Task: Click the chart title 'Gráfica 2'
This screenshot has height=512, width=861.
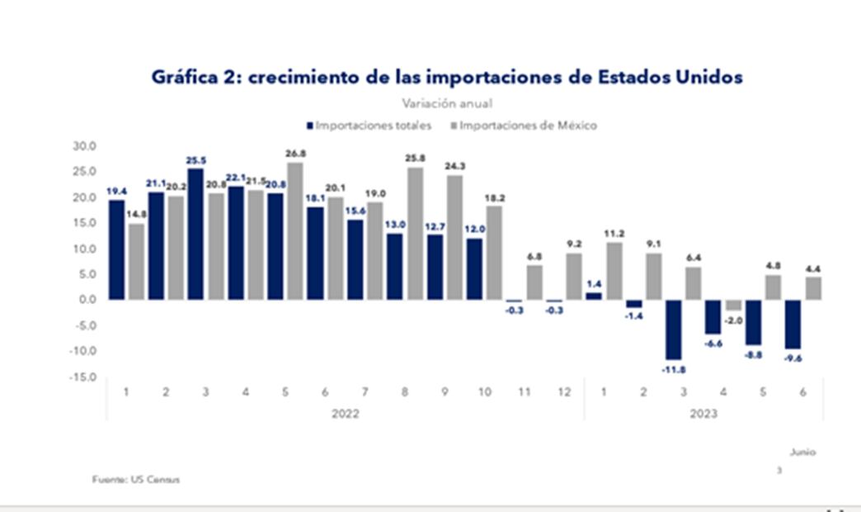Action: pos(446,77)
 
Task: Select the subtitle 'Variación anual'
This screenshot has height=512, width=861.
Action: pos(448,104)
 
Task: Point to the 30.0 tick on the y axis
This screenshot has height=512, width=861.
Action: pos(85,146)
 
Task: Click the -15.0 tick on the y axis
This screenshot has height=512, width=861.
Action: pos(84,377)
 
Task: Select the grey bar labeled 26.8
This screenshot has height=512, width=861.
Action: pos(294,230)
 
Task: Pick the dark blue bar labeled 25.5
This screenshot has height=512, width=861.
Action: pos(195,234)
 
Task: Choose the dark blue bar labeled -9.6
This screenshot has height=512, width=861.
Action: pos(793,324)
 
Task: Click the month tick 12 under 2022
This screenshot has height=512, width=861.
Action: pos(563,391)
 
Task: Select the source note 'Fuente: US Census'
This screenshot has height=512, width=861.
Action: pos(135,479)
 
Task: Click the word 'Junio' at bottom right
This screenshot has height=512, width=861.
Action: pos(802,453)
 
